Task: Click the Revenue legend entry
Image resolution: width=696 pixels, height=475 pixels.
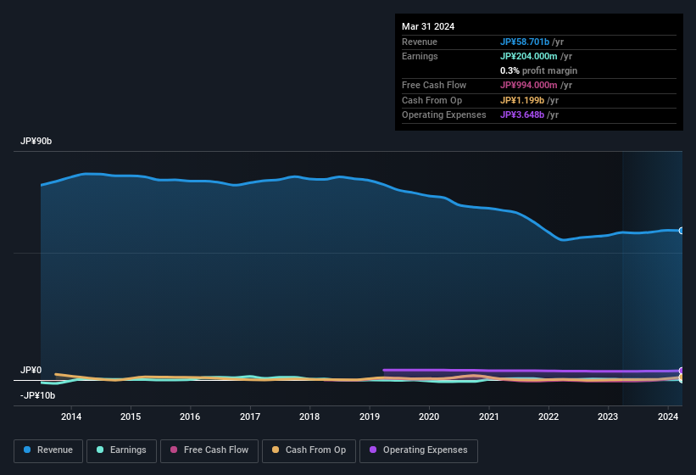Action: pos(48,450)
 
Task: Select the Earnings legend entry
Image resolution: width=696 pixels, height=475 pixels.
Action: pos(122,450)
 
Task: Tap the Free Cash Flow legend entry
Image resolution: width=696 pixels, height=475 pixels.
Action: pos(209,450)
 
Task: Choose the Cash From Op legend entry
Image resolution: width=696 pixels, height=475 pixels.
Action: pos(308,450)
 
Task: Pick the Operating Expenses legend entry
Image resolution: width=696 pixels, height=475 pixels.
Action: pos(418,450)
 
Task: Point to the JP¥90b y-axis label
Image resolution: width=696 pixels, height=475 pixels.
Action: pos(36,142)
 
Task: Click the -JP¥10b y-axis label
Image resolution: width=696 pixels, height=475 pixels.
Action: pos(37,395)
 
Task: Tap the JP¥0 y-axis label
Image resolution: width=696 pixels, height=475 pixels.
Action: pos(31,371)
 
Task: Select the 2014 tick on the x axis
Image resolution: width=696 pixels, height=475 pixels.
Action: pos(71,416)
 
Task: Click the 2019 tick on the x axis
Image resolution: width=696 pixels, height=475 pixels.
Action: pos(370,416)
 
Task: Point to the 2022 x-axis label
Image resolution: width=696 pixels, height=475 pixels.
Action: pos(548,416)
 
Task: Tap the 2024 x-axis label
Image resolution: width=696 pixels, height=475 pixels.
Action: pos(668,416)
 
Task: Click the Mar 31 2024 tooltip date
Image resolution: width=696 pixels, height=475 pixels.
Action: pos(428,26)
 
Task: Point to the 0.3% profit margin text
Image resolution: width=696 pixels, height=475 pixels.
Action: pos(538,70)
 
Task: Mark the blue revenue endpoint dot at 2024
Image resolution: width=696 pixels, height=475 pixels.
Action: pos(682,231)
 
